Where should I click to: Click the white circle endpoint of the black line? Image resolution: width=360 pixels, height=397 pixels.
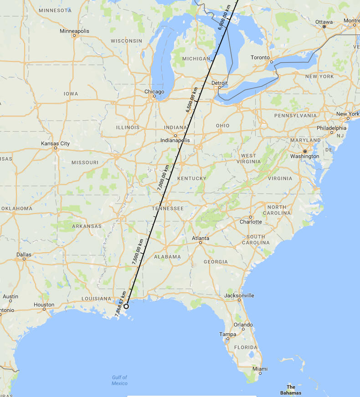(x=126, y=306)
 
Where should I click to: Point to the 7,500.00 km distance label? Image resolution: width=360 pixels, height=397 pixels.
(x=138, y=252)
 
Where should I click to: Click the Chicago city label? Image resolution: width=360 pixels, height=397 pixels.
(x=154, y=92)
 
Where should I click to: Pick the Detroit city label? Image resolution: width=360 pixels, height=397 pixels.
(x=220, y=83)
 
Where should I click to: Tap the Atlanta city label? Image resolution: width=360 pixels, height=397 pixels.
(x=201, y=238)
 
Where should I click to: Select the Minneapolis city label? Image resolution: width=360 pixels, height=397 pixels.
(x=74, y=31)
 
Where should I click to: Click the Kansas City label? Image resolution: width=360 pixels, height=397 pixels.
(x=56, y=143)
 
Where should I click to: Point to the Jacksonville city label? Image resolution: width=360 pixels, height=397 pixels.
(x=239, y=295)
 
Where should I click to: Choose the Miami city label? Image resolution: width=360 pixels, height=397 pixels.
(x=260, y=369)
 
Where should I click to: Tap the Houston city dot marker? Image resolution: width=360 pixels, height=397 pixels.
(x=44, y=309)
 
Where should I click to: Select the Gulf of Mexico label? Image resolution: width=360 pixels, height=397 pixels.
(x=119, y=380)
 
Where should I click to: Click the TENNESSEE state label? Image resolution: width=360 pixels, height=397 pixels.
(x=168, y=209)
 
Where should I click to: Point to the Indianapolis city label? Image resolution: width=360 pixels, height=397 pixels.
(x=175, y=140)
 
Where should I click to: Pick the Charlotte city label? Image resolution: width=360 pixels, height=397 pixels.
(x=251, y=222)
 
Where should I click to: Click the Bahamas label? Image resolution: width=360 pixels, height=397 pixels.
(x=291, y=390)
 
